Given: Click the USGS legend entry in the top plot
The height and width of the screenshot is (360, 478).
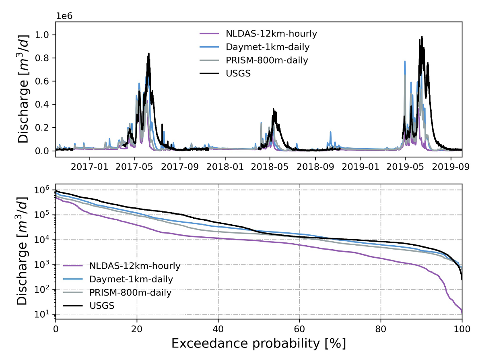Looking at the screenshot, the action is click(x=238, y=74).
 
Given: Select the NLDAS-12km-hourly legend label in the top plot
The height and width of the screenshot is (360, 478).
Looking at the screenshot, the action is click(x=271, y=33).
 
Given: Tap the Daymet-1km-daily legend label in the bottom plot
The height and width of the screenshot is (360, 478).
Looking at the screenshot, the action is click(x=131, y=279).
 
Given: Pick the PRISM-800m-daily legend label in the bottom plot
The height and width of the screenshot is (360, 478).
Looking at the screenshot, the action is click(x=130, y=293).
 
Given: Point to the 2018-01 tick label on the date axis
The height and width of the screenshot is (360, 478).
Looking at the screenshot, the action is click(x=225, y=167).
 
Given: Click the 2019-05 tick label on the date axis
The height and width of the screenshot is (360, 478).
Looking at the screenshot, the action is click(x=405, y=167).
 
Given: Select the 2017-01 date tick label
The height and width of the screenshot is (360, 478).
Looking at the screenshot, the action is click(x=90, y=167).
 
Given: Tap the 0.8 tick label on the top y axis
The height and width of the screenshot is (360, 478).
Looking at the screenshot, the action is click(x=42, y=58).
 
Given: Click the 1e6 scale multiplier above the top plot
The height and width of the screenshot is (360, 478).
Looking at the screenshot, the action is click(x=64, y=16).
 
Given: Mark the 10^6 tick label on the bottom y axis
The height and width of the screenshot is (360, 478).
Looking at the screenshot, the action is click(x=41, y=190).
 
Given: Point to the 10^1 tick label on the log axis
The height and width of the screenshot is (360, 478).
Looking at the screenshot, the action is click(x=41, y=314).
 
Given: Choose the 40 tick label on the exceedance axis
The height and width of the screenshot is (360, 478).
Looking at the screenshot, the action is click(x=218, y=329).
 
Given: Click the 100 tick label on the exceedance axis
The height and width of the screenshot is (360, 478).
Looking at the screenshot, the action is click(x=462, y=329).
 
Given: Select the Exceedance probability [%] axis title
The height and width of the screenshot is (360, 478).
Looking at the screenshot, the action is click(x=259, y=343).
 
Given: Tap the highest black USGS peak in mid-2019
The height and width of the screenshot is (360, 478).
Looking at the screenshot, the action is click(x=422, y=37).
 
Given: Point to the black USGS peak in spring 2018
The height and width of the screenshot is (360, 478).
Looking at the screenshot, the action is click(x=274, y=109).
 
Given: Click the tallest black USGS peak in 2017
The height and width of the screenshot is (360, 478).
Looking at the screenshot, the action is click(x=149, y=54).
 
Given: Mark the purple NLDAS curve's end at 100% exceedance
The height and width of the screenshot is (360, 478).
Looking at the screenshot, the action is click(x=462, y=312).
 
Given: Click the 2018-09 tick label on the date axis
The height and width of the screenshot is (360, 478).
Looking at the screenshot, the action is click(x=315, y=167).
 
